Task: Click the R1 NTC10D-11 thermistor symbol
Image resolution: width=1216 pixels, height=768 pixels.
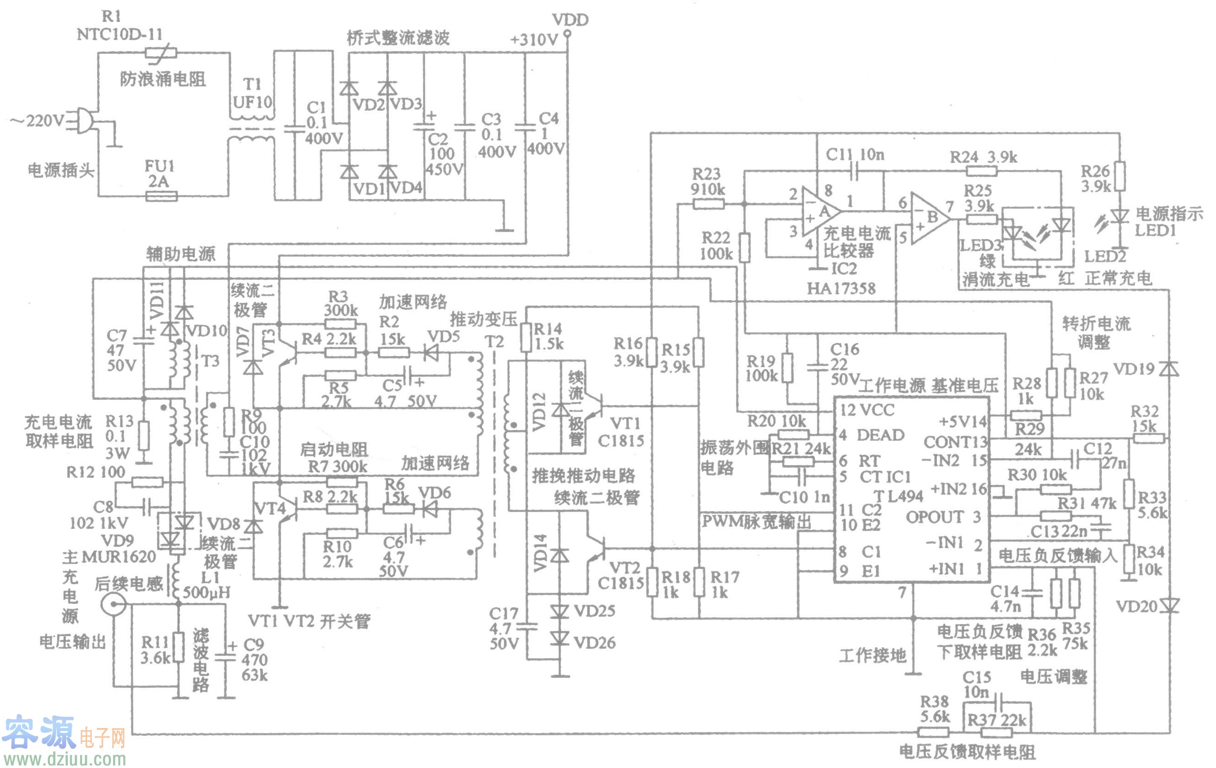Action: (x=160, y=52)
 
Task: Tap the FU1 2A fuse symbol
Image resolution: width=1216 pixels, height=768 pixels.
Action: (x=161, y=196)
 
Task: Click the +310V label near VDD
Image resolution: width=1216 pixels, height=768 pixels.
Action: (x=533, y=40)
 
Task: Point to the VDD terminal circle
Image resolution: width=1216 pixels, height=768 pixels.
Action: (x=568, y=34)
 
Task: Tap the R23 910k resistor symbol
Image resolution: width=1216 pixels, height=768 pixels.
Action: (x=708, y=204)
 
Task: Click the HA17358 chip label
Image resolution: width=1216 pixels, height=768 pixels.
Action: (x=841, y=288)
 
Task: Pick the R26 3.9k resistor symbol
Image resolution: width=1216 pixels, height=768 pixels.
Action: (x=1119, y=176)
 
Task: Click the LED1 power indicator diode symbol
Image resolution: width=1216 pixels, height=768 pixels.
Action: (x=1119, y=216)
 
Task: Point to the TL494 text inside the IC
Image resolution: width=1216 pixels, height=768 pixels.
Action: (x=898, y=496)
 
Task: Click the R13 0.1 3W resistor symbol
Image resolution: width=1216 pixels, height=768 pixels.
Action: (x=144, y=436)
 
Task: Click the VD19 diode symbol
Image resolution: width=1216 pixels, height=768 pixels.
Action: (x=1169, y=369)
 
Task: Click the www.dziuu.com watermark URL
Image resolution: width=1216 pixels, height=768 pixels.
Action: (x=64, y=758)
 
